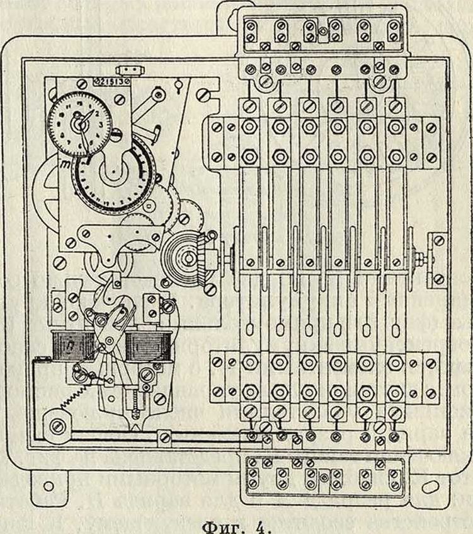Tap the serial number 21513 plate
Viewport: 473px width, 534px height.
pyautogui.click(x=111, y=81)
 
